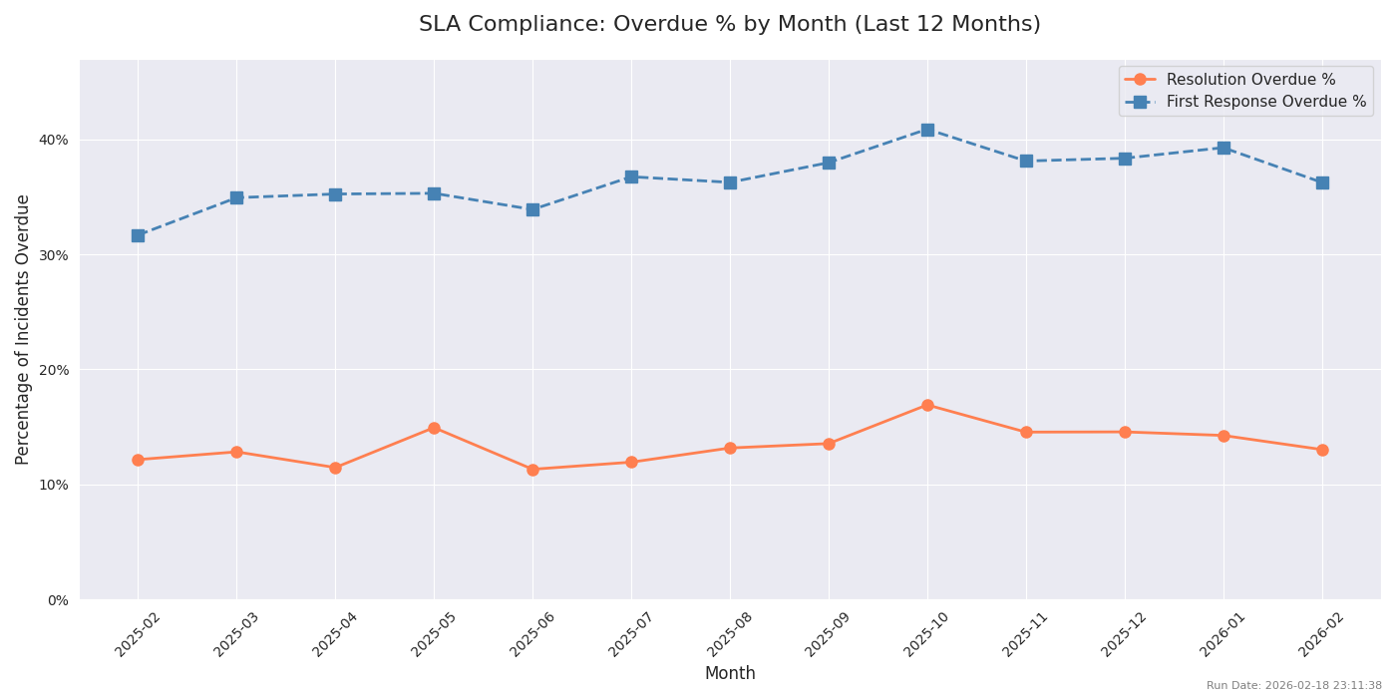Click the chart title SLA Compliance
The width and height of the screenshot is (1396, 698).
729,24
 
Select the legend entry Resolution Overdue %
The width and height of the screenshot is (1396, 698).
1249,80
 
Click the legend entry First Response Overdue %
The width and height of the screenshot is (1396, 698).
1265,102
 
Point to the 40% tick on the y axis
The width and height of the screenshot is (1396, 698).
55,140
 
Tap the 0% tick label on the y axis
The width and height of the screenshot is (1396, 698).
58,600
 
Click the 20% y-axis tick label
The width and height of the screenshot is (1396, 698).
55,370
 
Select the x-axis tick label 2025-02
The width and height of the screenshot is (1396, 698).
139,634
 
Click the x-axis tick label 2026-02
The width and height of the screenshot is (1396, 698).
1322,634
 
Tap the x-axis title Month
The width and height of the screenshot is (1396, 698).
729,674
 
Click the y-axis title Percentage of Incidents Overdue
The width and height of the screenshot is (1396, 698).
23,329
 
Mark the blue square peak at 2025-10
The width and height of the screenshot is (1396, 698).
927,130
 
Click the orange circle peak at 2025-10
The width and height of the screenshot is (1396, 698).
927,405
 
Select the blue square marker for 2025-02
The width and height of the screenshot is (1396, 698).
138,235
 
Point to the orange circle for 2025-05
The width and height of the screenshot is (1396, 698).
434,428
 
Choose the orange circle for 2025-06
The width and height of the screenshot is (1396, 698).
532,470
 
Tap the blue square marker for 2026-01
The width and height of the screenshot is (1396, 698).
1223,148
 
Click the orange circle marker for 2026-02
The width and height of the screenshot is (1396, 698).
1322,450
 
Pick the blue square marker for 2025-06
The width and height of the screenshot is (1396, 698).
532,209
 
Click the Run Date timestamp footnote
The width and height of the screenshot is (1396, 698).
1293,686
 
